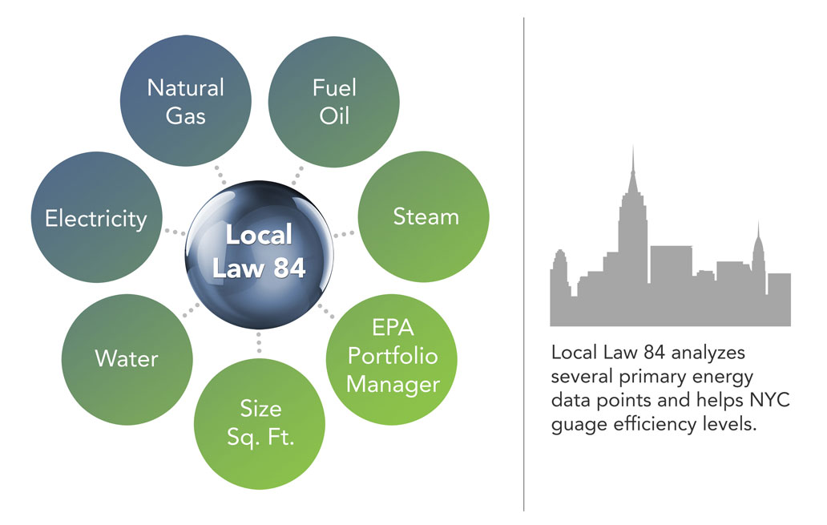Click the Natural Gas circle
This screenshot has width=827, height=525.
click(x=186, y=101)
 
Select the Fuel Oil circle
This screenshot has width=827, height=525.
click(x=334, y=102)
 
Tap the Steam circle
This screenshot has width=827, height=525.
click(x=424, y=216)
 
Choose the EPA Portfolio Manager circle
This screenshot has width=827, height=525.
click(x=391, y=359)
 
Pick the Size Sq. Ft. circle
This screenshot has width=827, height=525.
click(x=260, y=424)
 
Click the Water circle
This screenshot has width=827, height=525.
click(x=127, y=359)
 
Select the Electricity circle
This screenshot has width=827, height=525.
click(x=96, y=217)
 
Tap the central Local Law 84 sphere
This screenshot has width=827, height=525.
click(x=259, y=254)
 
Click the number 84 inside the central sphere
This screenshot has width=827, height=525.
click(x=289, y=268)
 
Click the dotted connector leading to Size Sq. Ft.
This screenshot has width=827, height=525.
click(x=259, y=342)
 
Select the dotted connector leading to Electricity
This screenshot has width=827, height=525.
click(x=175, y=232)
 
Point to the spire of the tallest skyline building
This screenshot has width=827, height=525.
click(x=633, y=158)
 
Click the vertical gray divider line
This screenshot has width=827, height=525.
click(x=524, y=264)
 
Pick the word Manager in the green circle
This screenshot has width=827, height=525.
click(x=393, y=386)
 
